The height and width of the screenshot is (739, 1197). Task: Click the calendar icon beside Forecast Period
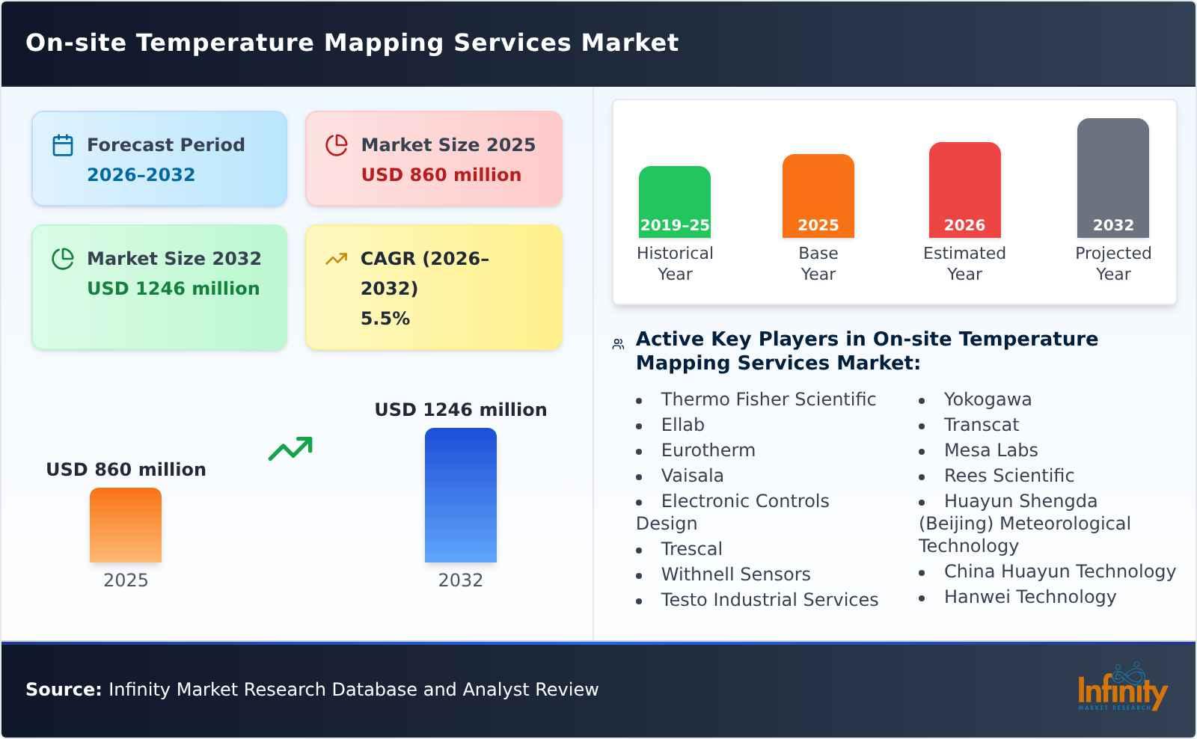coord(63,145)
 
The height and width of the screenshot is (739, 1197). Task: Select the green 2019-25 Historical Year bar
coord(674,201)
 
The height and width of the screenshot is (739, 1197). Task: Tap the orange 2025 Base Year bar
coord(818,195)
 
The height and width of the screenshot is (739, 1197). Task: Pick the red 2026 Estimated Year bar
coord(964,189)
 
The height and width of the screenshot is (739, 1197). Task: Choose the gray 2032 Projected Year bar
coord(1112,177)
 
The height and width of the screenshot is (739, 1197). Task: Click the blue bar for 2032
coord(460,494)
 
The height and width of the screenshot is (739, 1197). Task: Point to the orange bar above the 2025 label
coord(126,524)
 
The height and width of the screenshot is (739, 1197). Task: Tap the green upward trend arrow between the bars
coord(290,449)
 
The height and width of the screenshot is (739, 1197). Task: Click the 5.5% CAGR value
coord(385,319)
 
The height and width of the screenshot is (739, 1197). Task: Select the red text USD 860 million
coord(441,175)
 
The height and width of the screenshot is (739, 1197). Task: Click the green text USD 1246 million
coord(173,289)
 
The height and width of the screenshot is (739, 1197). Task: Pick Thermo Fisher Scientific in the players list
coord(768,399)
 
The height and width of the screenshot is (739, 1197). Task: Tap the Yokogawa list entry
coord(987,399)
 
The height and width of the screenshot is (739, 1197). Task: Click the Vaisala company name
coord(692,476)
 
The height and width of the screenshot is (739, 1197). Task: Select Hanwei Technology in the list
coord(1029,597)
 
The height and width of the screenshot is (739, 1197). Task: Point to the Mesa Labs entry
coord(991,450)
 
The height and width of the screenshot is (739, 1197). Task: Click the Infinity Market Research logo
coord(1121,688)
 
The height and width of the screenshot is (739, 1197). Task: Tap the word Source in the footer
coord(63,690)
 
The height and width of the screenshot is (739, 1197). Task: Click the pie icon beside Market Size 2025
coord(337,145)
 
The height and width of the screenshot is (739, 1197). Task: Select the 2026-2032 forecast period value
coord(141,175)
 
